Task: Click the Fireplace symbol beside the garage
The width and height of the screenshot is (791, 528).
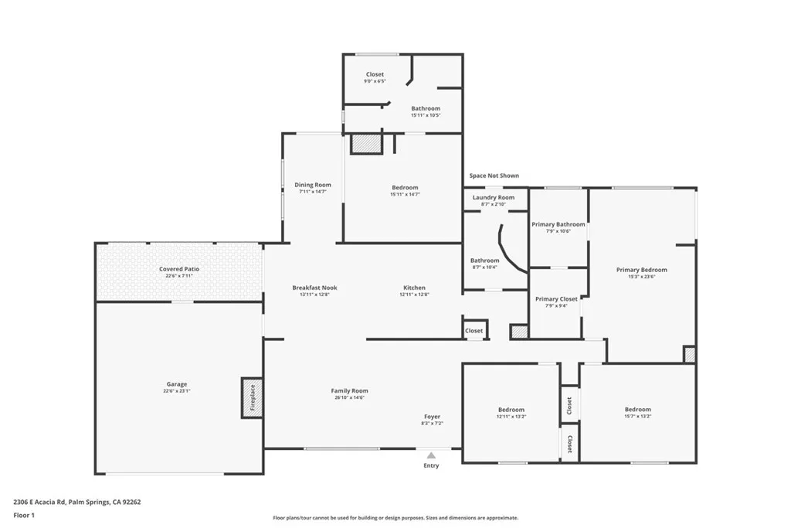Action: click(x=252, y=398)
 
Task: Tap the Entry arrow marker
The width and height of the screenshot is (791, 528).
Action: click(x=431, y=455)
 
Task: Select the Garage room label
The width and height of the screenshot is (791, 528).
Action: click(x=177, y=384)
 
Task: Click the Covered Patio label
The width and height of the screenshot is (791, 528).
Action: click(x=179, y=269)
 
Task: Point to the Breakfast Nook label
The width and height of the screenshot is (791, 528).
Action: click(x=314, y=288)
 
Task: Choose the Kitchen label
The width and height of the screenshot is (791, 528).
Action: click(x=414, y=288)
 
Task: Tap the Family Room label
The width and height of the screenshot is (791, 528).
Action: click(x=349, y=391)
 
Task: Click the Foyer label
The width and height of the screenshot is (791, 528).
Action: click(x=433, y=417)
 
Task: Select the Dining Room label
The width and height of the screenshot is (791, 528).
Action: click(x=313, y=185)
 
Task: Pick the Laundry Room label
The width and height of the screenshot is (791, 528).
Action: click(x=494, y=198)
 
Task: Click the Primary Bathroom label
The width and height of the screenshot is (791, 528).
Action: click(x=558, y=224)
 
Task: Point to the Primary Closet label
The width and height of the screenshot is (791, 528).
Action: click(x=556, y=298)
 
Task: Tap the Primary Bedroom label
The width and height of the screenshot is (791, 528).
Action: click(x=641, y=270)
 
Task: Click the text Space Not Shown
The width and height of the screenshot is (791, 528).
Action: click(x=494, y=175)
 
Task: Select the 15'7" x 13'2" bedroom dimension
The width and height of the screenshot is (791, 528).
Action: click(x=638, y=416)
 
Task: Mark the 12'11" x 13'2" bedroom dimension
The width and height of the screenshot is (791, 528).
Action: click(x=511, y=416)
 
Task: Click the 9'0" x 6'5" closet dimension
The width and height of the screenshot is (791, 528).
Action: click(x=375, y=81)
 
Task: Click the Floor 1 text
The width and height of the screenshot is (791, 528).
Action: click(x=25, y=515)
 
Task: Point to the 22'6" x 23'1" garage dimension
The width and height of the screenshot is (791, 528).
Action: click(x=177, y=391)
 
